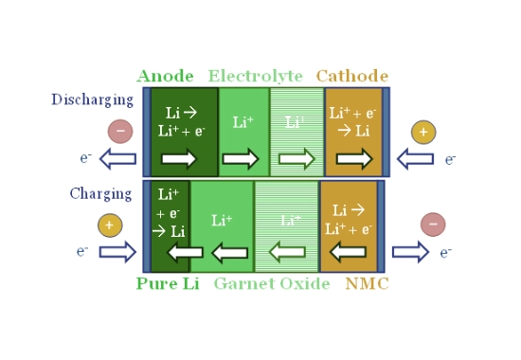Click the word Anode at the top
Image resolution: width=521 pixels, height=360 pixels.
point(165,76)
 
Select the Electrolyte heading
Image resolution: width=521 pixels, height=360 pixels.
point(255,76)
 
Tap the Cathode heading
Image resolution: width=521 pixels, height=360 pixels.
point(352,76)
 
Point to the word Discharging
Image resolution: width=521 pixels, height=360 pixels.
point(93,99)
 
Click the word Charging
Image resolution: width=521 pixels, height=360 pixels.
point(100,194)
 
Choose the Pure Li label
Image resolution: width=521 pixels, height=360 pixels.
point(168,283)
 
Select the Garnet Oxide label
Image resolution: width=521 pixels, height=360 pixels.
point(272,283)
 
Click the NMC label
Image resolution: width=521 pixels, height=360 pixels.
point(368,284)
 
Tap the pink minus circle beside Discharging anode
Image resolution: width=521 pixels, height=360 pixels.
point(120,132)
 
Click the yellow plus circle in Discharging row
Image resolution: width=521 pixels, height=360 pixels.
point(423,132)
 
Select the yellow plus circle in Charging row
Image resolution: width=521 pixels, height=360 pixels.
point(110,225)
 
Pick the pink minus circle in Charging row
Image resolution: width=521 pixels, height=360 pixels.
point(433,225)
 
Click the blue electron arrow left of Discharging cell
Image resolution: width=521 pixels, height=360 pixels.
point(118,158)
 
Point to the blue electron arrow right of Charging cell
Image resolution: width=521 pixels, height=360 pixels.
point(411,252)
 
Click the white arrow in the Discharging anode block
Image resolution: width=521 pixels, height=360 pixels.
point(179,158)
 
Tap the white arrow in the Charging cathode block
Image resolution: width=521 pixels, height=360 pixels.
point(349,252)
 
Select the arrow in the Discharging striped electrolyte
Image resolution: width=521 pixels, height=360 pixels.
point(296,158)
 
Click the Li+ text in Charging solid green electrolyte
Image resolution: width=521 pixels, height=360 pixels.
point(222,220)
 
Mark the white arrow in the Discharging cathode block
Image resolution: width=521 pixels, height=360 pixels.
point(354,158)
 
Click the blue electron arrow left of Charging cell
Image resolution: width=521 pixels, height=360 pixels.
point(118,252)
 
